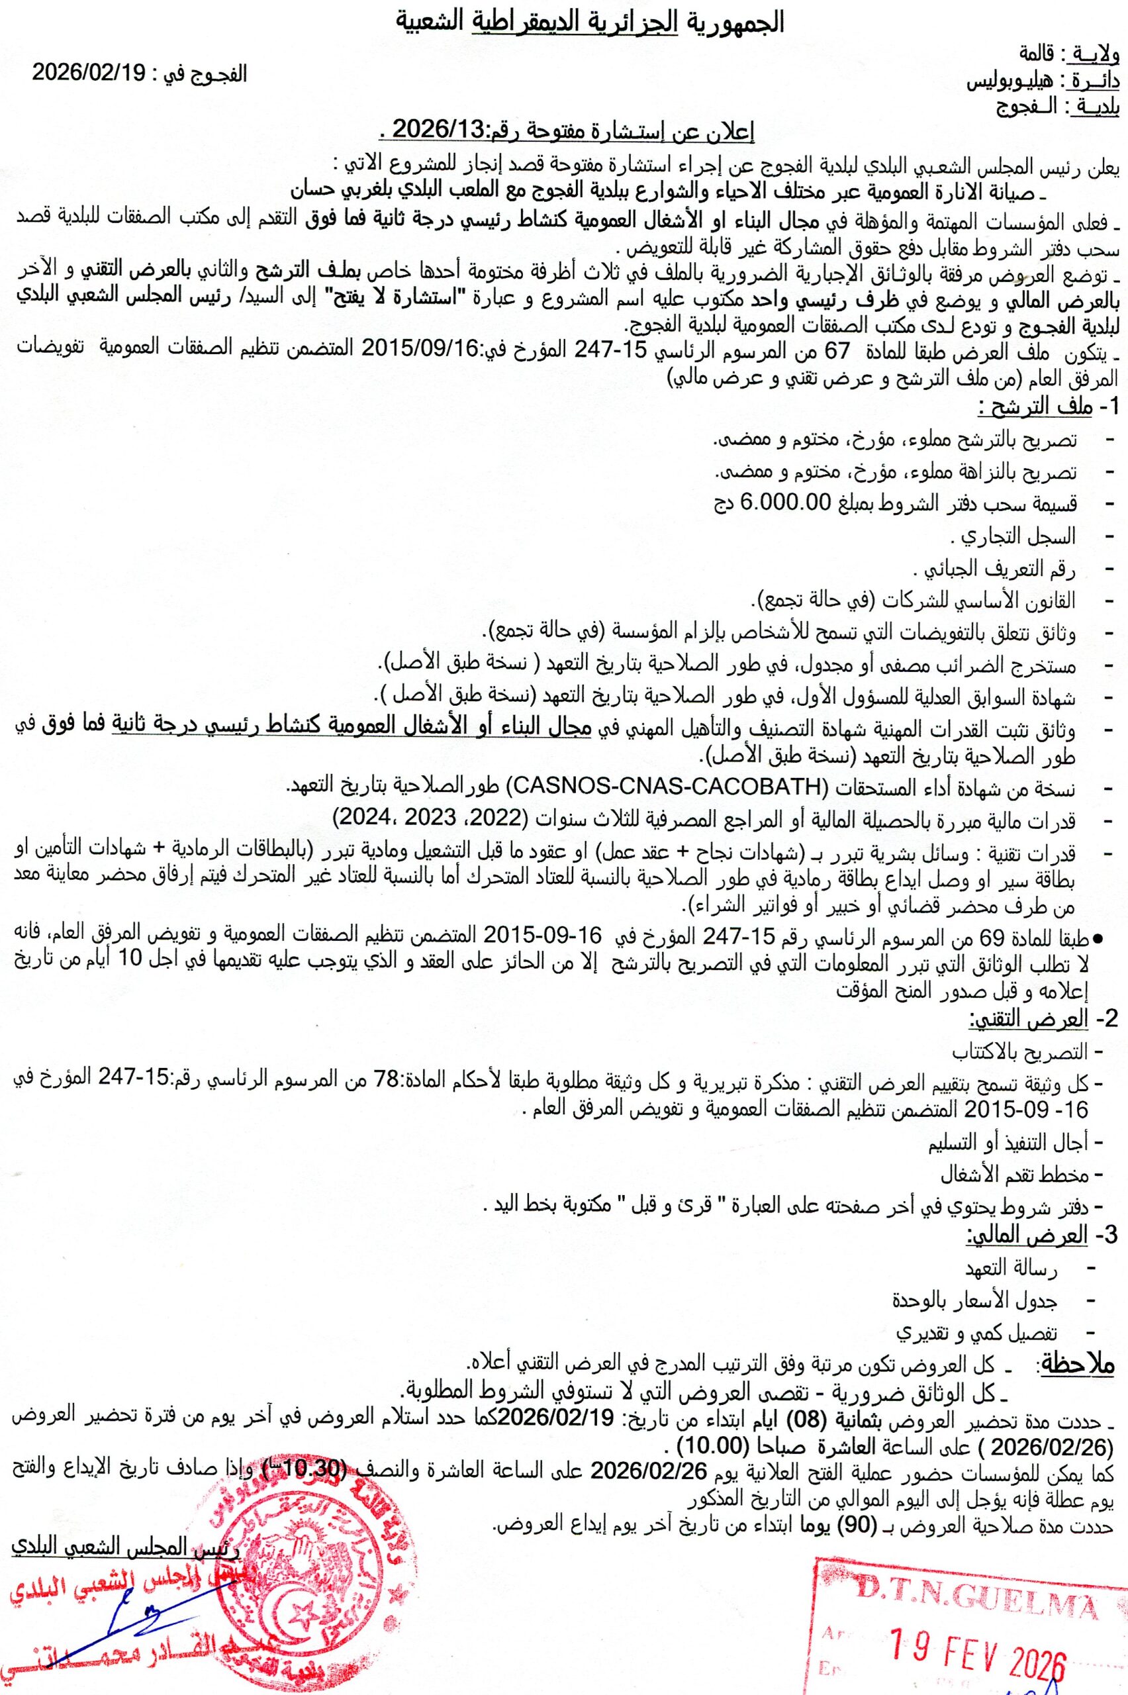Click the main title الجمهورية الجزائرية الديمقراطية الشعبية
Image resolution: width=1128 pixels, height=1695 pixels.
(592, 24)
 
